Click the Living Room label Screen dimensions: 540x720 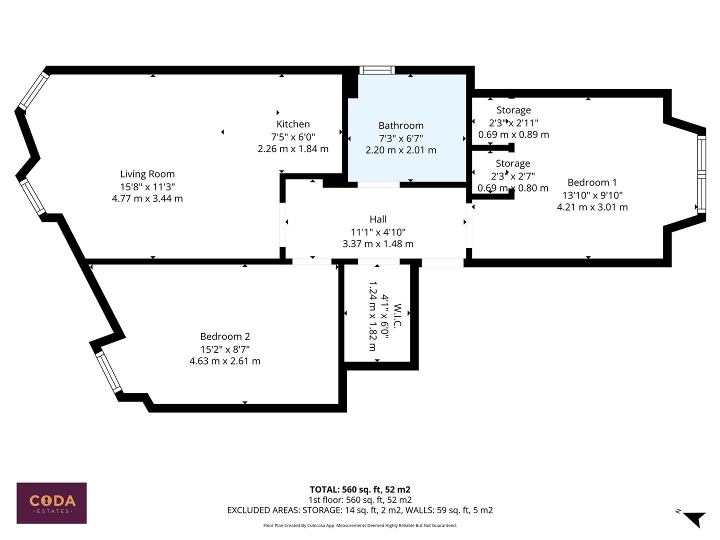(147, 174)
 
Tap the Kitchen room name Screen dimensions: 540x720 (293, 124)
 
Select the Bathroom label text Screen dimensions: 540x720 (400, 125)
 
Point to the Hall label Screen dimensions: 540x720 (378, 219)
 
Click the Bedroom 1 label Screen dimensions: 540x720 (592, 182)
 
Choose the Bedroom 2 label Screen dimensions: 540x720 (224, 336)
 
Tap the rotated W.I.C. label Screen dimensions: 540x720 (398, 316)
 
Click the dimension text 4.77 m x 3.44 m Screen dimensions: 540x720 (147, 198)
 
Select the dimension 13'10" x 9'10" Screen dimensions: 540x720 (592, 195)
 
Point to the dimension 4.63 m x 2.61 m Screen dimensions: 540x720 (224, 361)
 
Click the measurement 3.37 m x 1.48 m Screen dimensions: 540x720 (378, 244)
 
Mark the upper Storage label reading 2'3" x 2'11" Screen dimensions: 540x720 (513, 110)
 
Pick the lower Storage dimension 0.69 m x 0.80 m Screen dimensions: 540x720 (512, 188)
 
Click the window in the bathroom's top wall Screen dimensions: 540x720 (377, 70)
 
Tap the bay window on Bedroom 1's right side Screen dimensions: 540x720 (701, 174)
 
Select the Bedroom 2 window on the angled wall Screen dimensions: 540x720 (108, 372)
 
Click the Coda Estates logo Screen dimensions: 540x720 (51, 502)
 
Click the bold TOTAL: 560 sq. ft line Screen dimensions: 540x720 (359, 489)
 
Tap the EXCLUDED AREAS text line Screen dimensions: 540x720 (359, 510)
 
